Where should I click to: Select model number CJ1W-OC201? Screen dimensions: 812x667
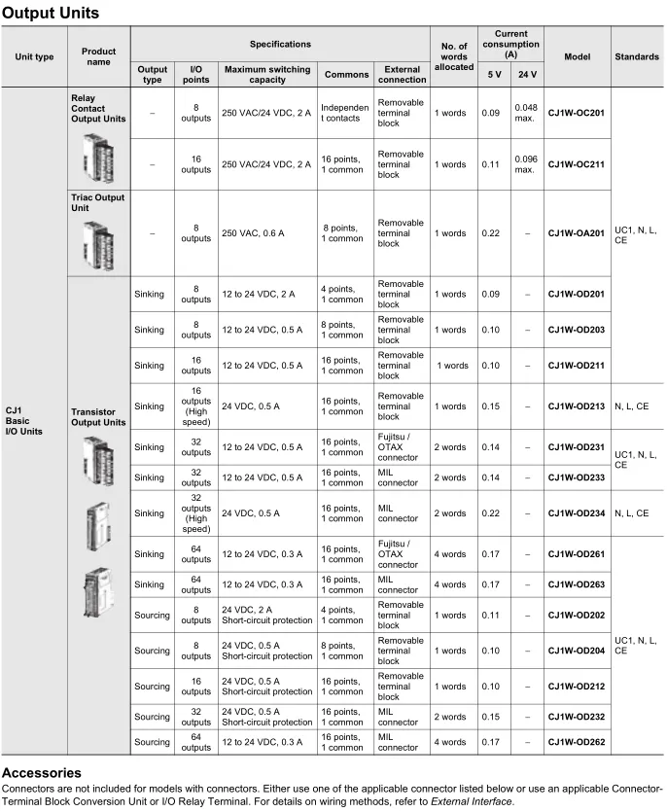tap(576, 113)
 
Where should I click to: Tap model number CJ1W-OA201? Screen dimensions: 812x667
tap(576, 233)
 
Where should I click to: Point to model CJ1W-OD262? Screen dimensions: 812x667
tap(576, 742)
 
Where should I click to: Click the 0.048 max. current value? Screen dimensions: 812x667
tap(525, 113)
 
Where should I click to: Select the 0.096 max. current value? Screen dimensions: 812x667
tap(525, 164)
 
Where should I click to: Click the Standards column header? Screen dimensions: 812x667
tap(637, 57)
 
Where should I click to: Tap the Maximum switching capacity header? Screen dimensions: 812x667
tap(267, 74)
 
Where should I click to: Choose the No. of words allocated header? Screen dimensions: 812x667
tap(453, 57)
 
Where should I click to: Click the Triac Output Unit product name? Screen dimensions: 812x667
tap(98, 203)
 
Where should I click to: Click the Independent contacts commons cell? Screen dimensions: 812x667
tap(345, 113)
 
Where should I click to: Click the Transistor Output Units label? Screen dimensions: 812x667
tap(98, 417)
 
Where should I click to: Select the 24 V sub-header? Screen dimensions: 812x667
tap(527, 74)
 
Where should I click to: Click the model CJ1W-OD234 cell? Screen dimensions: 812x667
tap(576, 512)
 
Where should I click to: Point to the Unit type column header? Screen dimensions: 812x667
tap(34, 57)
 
